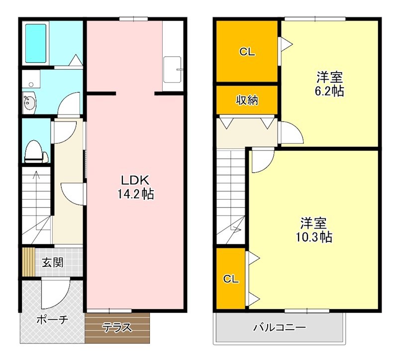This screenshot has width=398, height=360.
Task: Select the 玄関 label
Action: point(52,262)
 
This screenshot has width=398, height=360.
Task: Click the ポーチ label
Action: point(52,320)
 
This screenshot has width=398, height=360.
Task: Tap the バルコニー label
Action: point(279,328)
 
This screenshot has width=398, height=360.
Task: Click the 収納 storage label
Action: point(247,100)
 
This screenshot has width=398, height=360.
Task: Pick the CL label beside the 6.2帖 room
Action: point(247,51)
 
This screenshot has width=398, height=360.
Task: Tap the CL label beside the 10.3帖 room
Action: point(231,279)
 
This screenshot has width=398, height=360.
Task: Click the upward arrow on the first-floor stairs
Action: point(36,175)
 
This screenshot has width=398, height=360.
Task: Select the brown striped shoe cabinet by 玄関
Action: point(27,262)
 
